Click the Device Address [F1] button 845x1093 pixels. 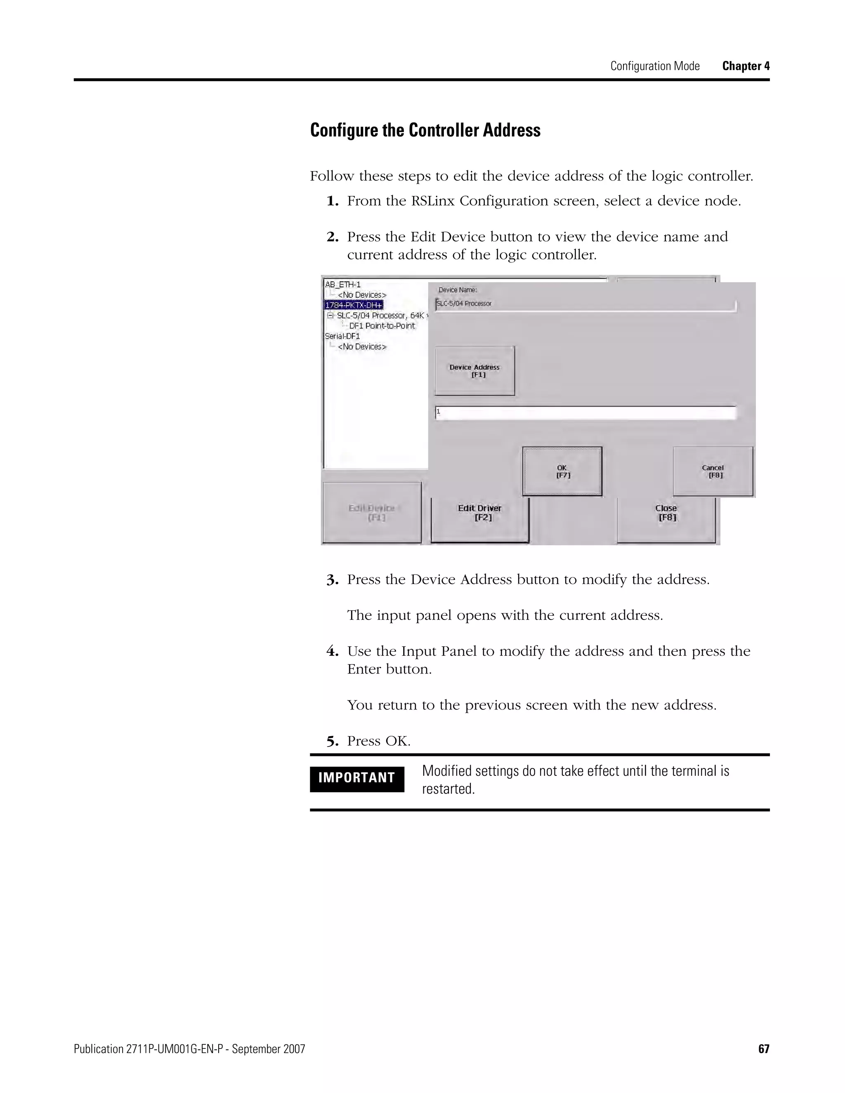coord(474,371)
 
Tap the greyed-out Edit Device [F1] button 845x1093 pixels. coord(371,512)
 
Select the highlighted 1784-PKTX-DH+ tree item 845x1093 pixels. coord(354,305)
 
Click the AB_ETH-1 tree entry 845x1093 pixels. coord(343,284)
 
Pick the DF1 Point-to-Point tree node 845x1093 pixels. coord(382,326)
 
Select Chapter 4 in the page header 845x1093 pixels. coord(746,66)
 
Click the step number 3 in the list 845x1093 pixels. coord(332,581)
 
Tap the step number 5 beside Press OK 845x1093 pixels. coord(332,742)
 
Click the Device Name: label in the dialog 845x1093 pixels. coord(458,290)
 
